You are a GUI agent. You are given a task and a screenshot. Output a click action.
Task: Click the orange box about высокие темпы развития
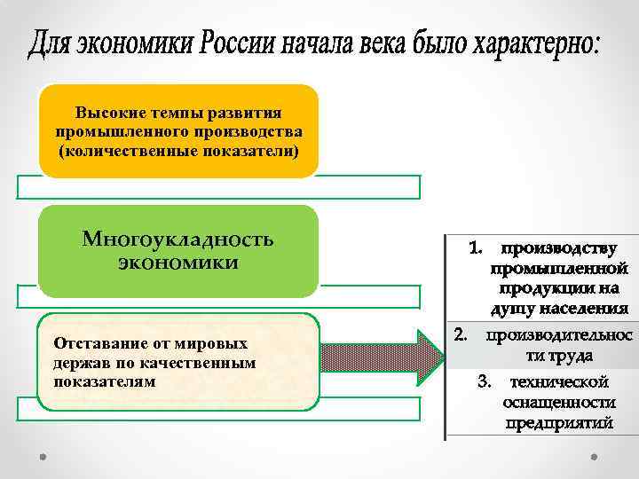click(178, 130)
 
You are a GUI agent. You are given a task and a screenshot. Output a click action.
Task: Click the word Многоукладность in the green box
click(177, 239)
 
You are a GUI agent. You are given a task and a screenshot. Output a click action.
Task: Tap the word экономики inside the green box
click(177, 263)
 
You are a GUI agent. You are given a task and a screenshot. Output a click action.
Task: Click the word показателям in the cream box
click(104, 381)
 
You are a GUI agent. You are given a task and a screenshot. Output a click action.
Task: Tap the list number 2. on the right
click(461, 334)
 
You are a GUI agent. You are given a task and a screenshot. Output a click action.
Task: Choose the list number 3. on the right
click(484, 382)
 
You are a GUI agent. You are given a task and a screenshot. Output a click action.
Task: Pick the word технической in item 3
click(559, 382)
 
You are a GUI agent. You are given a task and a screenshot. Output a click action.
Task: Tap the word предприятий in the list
click(560, 423)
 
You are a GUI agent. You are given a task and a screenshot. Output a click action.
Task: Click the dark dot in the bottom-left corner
click(43, 457)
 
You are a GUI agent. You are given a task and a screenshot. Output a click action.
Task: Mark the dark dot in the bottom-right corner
click(594, 457)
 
